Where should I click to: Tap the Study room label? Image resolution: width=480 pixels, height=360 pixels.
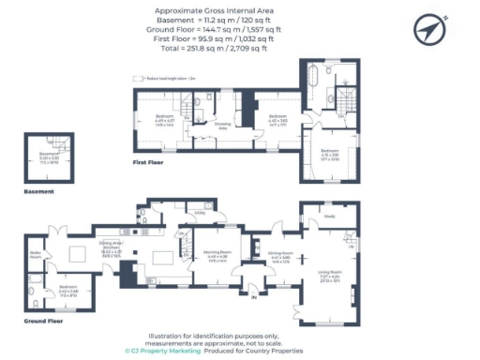coord(330,216)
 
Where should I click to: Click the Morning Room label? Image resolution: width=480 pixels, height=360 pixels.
coord(217,252)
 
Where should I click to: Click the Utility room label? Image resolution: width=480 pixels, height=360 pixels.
coord(200,214)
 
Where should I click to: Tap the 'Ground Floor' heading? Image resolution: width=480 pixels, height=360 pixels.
coord(20,320)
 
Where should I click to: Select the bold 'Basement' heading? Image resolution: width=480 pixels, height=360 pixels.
coord(37,190)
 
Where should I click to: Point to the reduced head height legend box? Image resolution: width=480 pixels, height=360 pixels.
coord(137,79)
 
